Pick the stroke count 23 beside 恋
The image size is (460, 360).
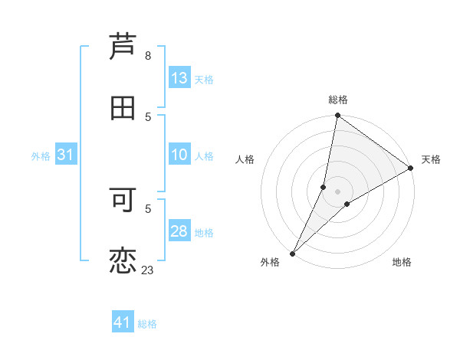tap(147, 270)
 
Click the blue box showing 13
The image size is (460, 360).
tap(179, 78)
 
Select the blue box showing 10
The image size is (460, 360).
tap(179, 155)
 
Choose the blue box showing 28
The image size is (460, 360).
tap(179, 231)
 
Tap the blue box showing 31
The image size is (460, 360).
tap(66, 155)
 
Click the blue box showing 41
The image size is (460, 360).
tap(123, 323)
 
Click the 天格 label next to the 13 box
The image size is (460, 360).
tap(204, 79)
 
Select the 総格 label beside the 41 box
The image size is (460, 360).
tap(147, 324)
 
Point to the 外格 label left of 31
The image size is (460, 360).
tap(41, 155)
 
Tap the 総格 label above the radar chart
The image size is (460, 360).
tap(338, 100)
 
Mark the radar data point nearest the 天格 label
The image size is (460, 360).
tap(411, 168)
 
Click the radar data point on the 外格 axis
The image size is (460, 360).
tap(293, 253)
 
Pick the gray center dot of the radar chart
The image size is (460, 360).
tap(338, 191)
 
